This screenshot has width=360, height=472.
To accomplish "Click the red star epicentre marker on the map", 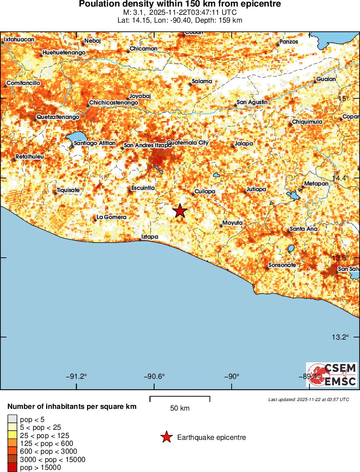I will (x=180, y=211).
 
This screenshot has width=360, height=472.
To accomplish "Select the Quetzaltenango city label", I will (x=58, y=117).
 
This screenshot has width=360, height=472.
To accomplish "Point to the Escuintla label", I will (x=143, y=188).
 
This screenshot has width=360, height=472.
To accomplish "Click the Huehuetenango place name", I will (x=64, y=53).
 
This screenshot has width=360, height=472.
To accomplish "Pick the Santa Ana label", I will (x=303, y=229).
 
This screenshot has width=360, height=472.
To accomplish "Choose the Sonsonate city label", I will (x=282, y=265).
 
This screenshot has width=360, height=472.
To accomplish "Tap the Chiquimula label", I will (x=307, y=122).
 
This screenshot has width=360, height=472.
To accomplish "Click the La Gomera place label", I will (x=111, y=217).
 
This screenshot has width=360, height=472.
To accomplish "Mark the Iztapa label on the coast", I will (x=149, y=237).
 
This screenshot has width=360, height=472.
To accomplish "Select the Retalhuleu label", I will (x=30, y=156).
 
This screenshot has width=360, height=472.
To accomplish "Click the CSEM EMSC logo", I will (x=331, y=375).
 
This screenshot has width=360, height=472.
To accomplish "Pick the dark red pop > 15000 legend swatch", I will (x=12, y=468).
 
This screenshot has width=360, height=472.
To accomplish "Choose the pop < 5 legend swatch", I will (x=12, y=419).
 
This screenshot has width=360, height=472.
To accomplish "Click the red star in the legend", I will (x=166, y=438).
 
